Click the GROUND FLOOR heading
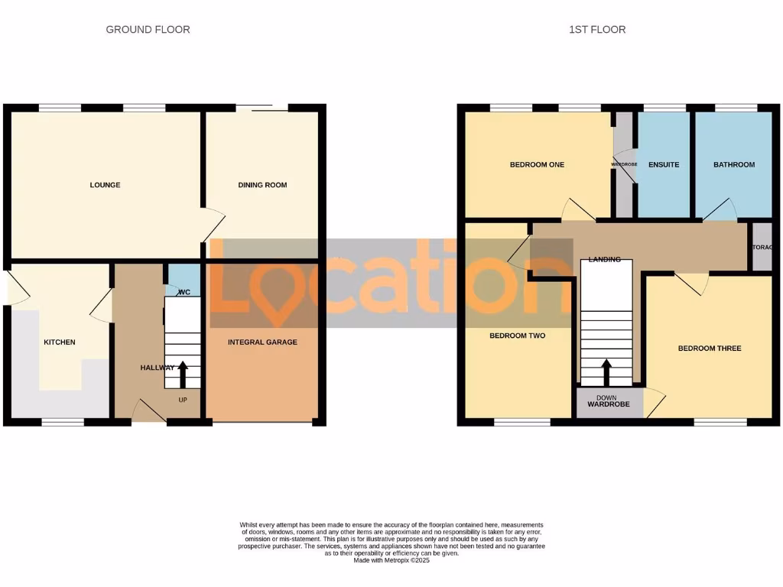pyautogui.click(x=148, y=30)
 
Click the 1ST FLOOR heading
pyautogui.click(x=597, y=30)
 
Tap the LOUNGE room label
pyautogui.click(x=105, y=185)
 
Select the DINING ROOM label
pyautogui.click(x=262, y=185)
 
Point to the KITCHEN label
pyautogui.click(x=59, y=342)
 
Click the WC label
pyautogui.click(x=184, y=292)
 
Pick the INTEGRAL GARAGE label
pyautogui.click(x=262, y=342)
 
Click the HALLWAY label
pyautogui.click(x=158, y=368)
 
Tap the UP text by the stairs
pyautogui.click(x=183, y=400)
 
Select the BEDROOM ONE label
pyautogui.click(x=537, y=164)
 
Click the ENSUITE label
pyautogui.click(x=663, y=164)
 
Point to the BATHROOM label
pyautogui.click(x=733, y=164)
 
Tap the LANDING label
pyautogui.click(x=604, y=259)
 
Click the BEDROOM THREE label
pyautogui.click(x=709, y=349)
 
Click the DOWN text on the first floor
pyautogui.click(x=606, y=397)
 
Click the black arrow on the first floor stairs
pyautogui.click(x=606, y=373)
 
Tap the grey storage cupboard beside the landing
pyautogui.click(x=762, y=248)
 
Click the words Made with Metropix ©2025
pyautogui.click(x=391, y=560)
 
